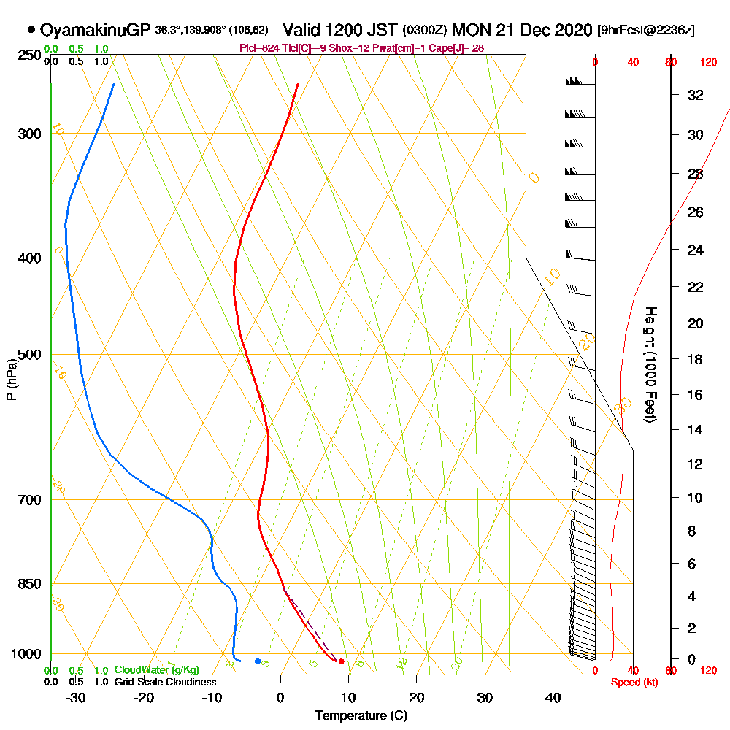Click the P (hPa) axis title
coord(11,379)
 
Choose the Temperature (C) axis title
coord(361,715)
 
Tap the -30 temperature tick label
coord(76,697)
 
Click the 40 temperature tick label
coord(553,697)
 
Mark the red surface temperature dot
coord(342,661)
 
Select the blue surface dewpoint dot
coord(258,661)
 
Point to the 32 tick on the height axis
coord(696,94)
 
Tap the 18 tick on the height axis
coord(696,359)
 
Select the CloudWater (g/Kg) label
coord(156,670)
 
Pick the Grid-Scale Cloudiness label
coord(164,682)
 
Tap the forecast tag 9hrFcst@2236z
coord(646,31)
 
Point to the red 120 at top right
coord(708,63)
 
